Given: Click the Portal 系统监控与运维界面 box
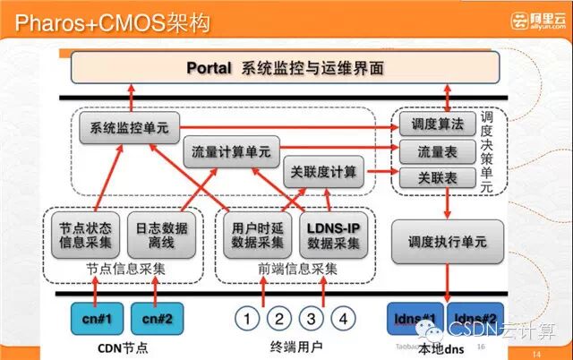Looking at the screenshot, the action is (x=285, y=68).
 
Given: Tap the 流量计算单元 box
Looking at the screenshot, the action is (x=231, y=151).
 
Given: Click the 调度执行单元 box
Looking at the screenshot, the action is (x=447, y=241).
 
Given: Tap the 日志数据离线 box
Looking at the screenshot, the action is (x=161, y=235).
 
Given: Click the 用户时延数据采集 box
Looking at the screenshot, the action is (x=257, y=235).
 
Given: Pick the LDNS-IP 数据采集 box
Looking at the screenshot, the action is (x=333, y=235).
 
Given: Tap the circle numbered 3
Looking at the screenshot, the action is (x=312, y=318).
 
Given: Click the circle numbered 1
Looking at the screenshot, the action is (x=249, y=318).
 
